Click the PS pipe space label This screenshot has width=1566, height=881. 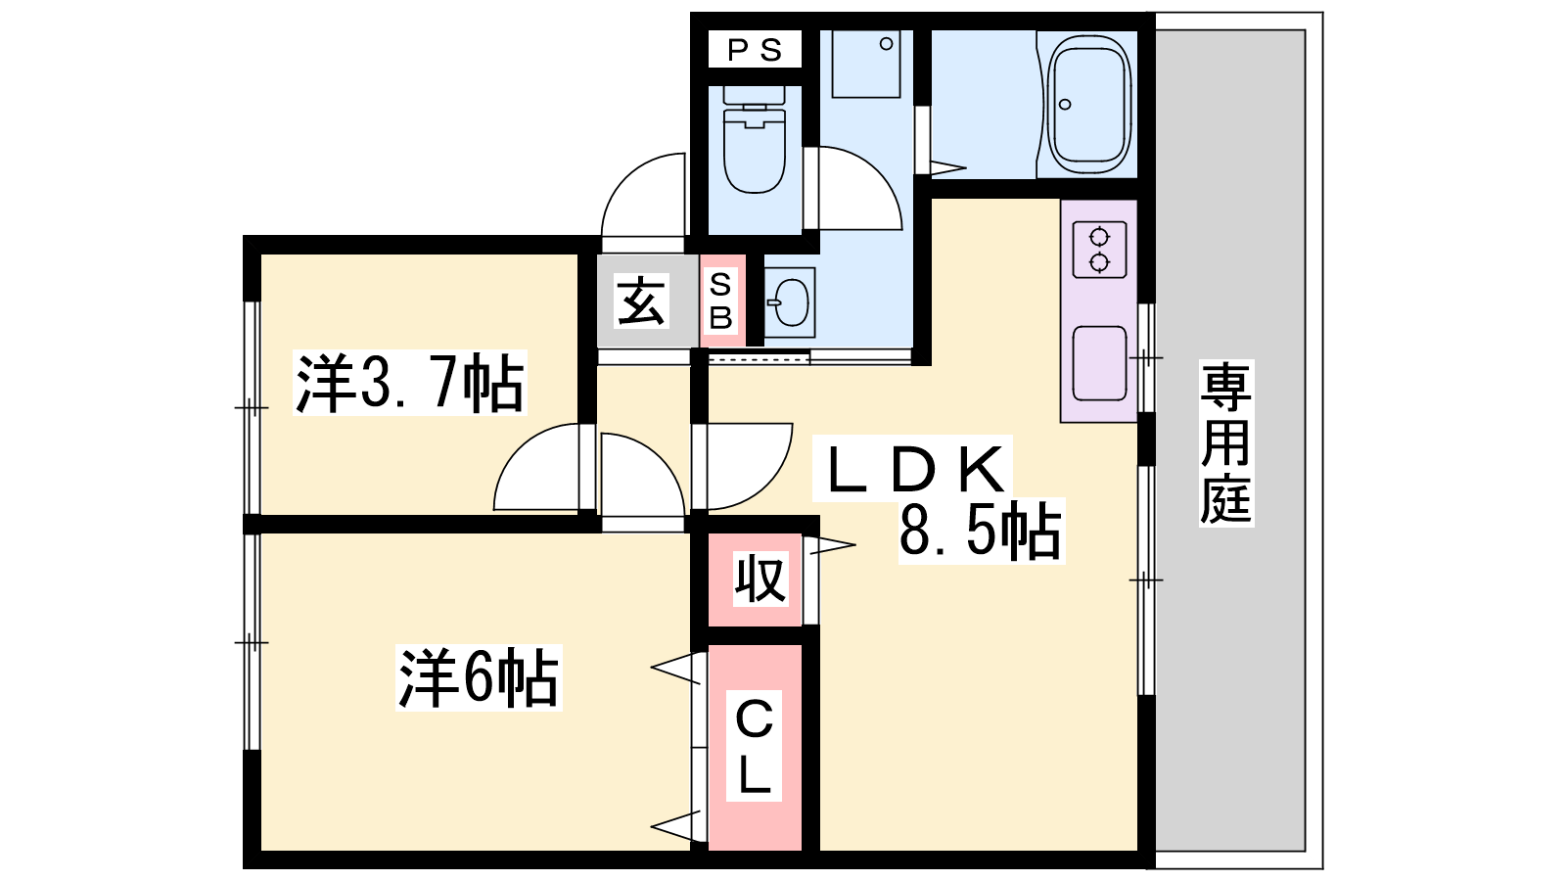[x=755, y=50]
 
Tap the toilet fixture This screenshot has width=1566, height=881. [x=754, y=139]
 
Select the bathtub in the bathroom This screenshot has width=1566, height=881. [x=1089, y=104]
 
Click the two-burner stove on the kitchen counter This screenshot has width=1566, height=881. [x=1100, y=250]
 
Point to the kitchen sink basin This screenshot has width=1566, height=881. [x=1100, y=363]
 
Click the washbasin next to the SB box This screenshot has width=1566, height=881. [x=790, y=302]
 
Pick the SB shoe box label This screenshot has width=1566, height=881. [x=720, y=301]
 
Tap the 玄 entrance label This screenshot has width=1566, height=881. [x=642, y=301]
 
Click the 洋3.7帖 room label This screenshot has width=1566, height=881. [x=410, y=383]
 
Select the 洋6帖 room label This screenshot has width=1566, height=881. [x=479, y=677]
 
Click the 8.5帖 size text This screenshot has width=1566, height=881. [x=980, y=531]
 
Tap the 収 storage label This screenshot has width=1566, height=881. [x=760, y=579]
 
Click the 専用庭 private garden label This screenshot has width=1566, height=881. [x=1225, y=442]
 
